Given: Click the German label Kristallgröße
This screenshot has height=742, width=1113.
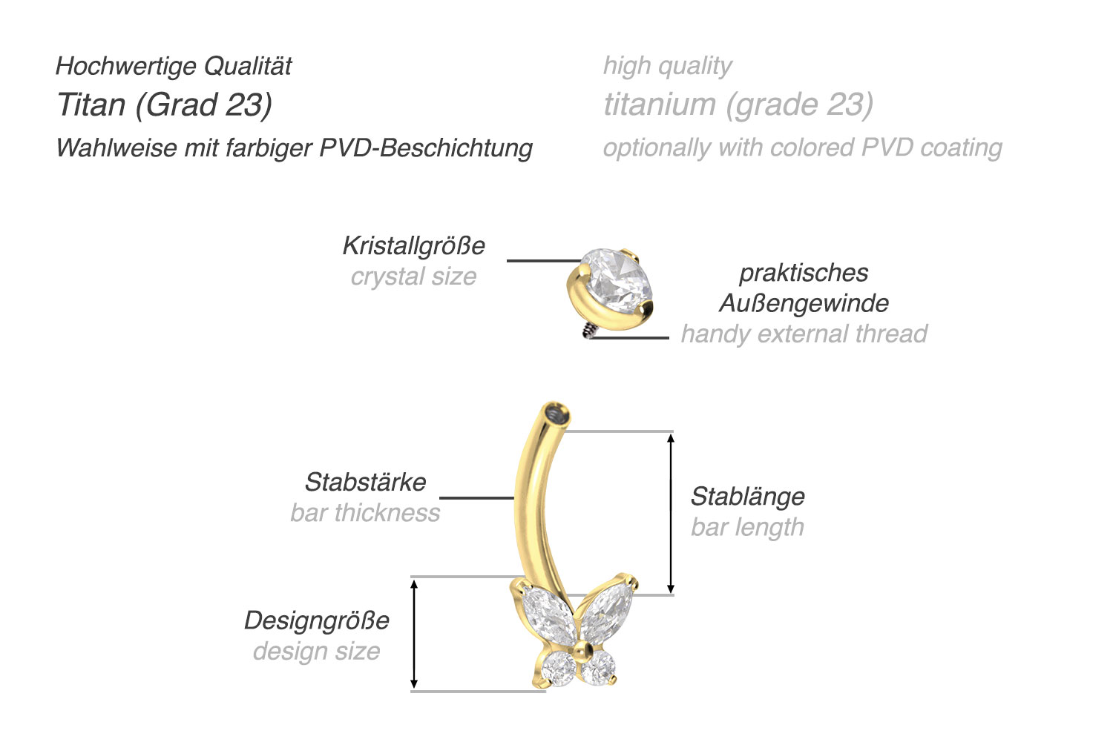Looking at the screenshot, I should coord(413,245).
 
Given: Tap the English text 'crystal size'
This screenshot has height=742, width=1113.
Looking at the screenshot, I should coord(413,276).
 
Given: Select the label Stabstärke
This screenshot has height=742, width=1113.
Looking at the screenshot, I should coord(365,482).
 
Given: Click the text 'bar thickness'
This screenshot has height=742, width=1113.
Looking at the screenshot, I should coord(365,512).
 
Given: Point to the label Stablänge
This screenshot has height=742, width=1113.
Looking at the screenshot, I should coord(747,496).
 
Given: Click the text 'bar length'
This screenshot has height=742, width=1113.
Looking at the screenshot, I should coord(747,527).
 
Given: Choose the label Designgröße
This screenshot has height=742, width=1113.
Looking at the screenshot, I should coord(317,620).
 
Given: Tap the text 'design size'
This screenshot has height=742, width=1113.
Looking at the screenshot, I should coord(317,651).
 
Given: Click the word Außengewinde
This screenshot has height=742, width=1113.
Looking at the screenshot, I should coord(804,302).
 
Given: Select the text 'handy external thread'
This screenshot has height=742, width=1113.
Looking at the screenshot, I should coord(804,334).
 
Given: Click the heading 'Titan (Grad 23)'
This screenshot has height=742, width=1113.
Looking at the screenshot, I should coord(165,105).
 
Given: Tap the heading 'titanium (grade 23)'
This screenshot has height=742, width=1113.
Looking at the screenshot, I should coord(738,105).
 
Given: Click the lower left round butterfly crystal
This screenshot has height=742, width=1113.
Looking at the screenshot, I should coord(556,670).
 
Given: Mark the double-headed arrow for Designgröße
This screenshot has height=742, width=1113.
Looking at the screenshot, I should coord(415,634).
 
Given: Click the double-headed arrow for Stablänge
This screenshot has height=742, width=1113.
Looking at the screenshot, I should coord(671,513).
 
